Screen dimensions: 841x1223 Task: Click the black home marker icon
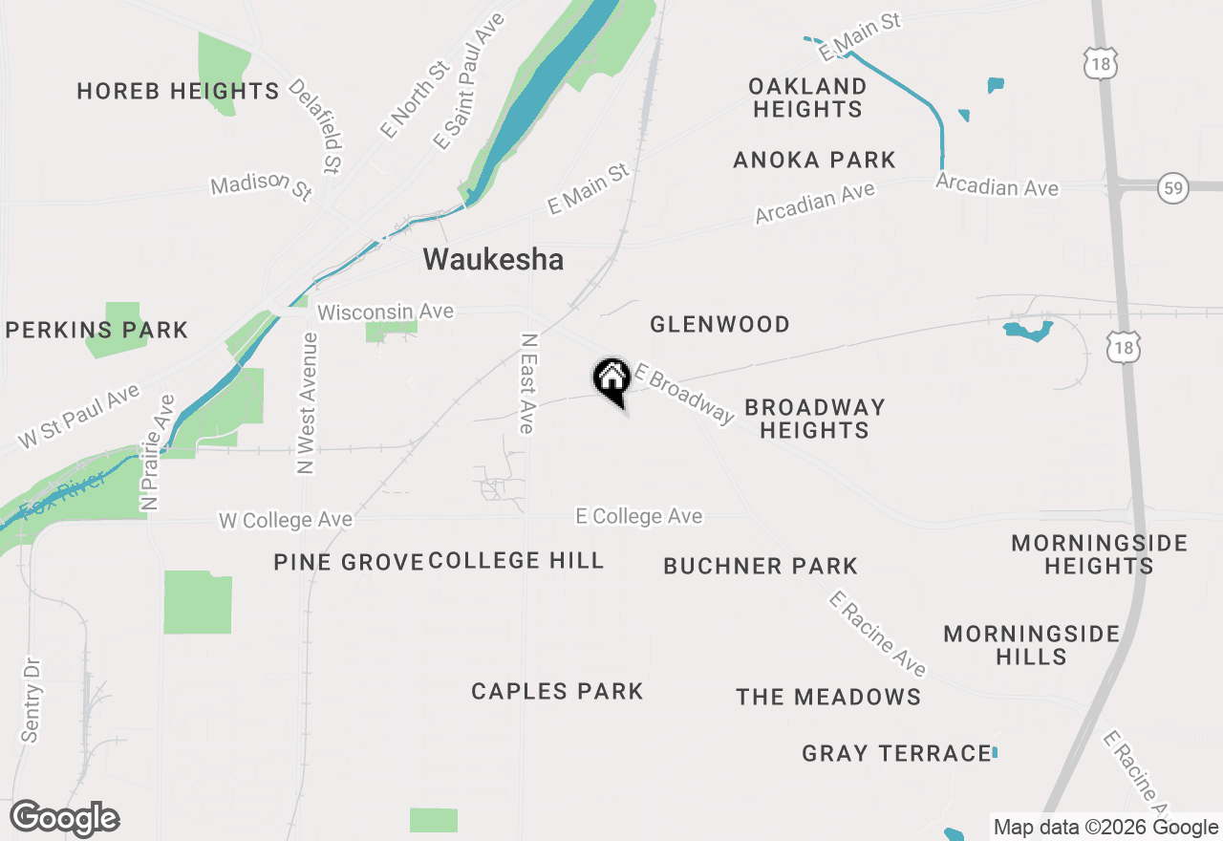pyautogui.click(x=611, y=378)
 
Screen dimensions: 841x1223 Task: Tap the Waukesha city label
pyautogui.click(x=493, y=259)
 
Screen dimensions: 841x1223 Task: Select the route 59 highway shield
pyautogui.click(x=1172, y=187)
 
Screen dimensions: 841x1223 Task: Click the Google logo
pyautogui.click(x=64, y=819)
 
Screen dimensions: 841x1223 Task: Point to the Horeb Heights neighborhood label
pyautogui.click(x=178, y=91)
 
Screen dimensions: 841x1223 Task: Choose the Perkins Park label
pyautogui.click(x=97, y=331)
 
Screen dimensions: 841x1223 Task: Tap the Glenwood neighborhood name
pyautogui.click(x=719, y=325)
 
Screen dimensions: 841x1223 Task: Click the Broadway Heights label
pyautogui.click(x=814, y=419)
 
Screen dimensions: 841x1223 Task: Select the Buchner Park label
pyautogui.click(x=761, y=566)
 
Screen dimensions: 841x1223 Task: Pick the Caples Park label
pyautogui.click(x=557, y=691)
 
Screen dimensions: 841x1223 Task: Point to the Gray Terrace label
pyautogui.click(x=896, y=753)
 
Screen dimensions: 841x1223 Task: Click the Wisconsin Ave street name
pyautogui.click(x=385, y=313)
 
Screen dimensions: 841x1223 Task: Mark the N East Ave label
pyautogui.click(x=527, y=383)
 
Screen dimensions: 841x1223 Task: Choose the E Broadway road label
pyautogui.click(x=684, y=392)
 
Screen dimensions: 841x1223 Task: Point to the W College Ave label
pyautogui.click(x=286, y=520)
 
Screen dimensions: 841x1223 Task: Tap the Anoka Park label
pyautogui.click(x=814, y=160)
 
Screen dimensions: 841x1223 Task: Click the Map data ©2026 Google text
pyautogui.click(x=1105, y=828)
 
